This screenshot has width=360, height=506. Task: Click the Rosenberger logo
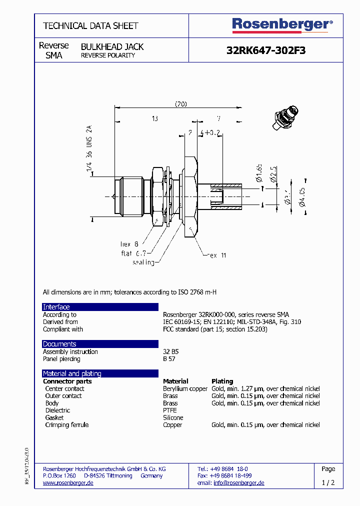click(x=282, y=24)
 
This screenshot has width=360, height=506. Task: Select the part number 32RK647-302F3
click(x=266, y=50)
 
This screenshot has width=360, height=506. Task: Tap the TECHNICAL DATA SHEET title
click(x=90, y=25)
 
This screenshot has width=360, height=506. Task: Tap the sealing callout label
click(x=143, y=262)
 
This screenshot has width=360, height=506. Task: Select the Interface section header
click(x=56, y=307)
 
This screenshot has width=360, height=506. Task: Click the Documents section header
click(x=59, y=344)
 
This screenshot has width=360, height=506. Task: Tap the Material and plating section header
click(x=72, y=373)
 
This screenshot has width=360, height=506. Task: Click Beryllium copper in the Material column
click(x=185, y=388)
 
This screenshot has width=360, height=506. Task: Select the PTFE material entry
click(x=170, y=410)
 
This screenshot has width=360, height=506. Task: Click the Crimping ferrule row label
click(x=66, y=425)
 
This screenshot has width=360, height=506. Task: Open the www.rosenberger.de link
click(x=68, y=483)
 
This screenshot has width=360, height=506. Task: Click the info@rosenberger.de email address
click(x=238, y=483)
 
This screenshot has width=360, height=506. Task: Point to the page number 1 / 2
click(x=328, y=483)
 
